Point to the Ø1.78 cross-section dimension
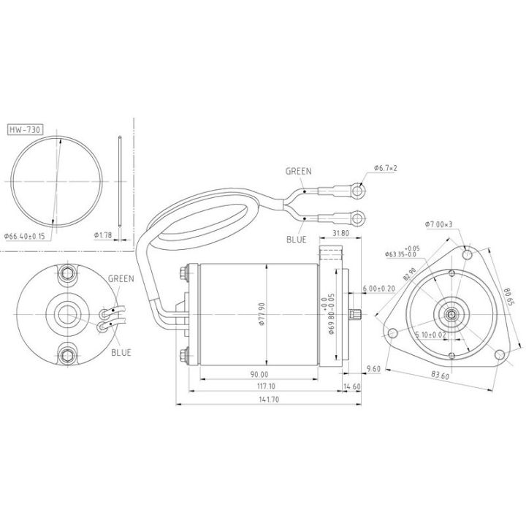tap(103, 235)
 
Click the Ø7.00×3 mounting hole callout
tap(439, 224)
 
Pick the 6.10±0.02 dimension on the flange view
tap(431, 335)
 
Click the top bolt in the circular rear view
tap(69, 274)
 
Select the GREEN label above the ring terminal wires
tap(298, 171)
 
